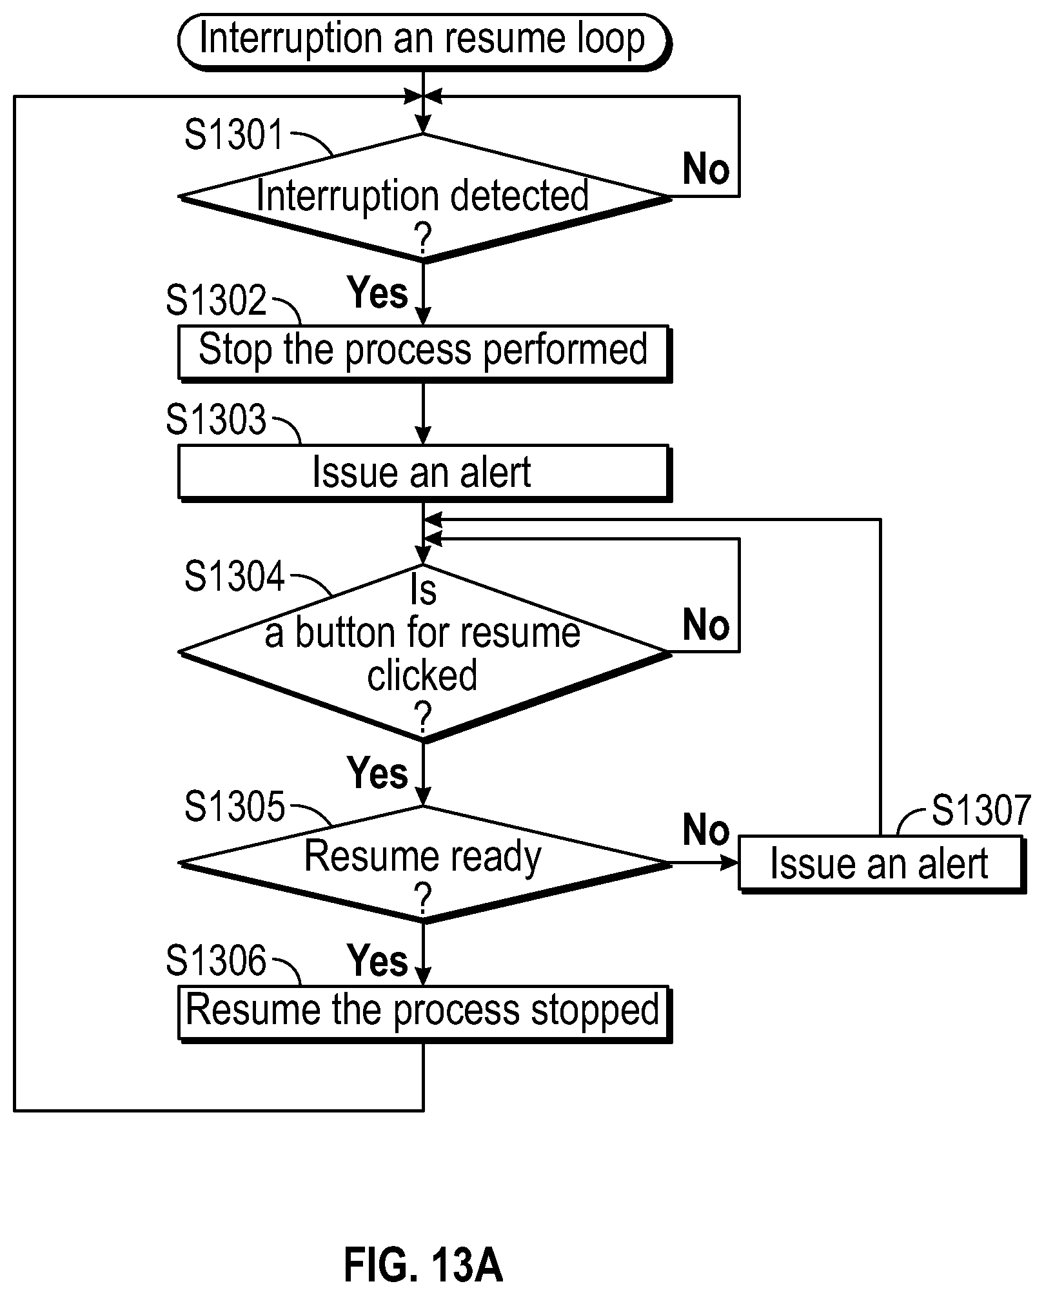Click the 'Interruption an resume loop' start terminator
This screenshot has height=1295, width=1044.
pyautogui.click(x=424, y=41)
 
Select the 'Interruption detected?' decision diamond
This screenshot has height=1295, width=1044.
pyautogui.click(x=424, y=197)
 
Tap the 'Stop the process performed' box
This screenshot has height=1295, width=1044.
pyautogui.click(x=424, y=353)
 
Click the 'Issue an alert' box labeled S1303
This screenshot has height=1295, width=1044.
pyautogui.click(x=424, y=473)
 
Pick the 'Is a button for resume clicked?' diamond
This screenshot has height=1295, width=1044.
pyautogui.click(x=424, y=653)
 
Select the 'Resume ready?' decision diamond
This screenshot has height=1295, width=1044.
pyautogui.click(x=424, y=864)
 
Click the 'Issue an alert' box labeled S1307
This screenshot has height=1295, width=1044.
pyautogui.click(x=881, y=864)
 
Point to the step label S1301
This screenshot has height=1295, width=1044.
pyautogui.click(x=234, y=135)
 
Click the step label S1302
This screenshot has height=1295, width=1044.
pyautogui.click(x=216, y=301)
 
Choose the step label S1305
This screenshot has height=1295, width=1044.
pyautogui.click(x=234, y=807)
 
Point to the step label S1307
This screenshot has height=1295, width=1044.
pyautogui.click(x=981, y=811)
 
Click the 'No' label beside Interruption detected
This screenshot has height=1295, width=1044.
pyautogui.click(x=706, y=169)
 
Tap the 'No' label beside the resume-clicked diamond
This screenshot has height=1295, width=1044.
pyautogui.click(x=706, y=625)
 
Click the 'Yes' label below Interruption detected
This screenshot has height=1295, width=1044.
pyautogui.click(x=378, y=292)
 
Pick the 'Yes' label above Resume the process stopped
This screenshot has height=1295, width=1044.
pyautogui.click(x=378, y=960)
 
